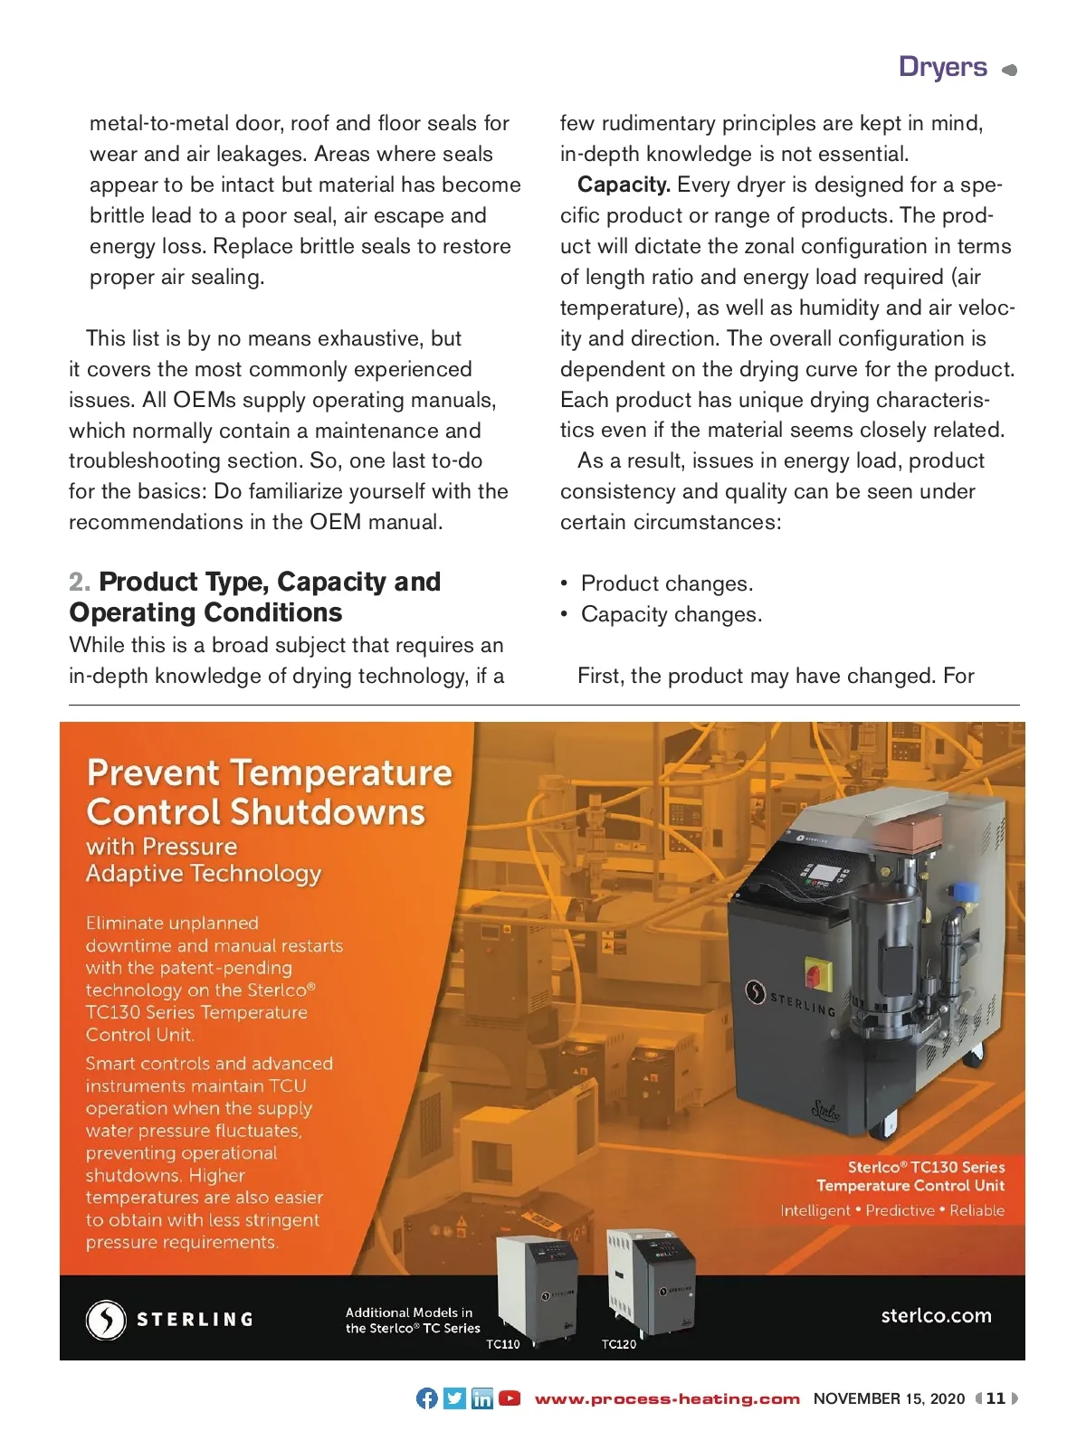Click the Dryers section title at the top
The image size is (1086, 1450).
click(943, 67)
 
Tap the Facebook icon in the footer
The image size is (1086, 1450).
click(426, 1398)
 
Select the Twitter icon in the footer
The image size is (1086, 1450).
click(454, 1398)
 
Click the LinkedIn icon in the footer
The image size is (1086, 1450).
click(482, 1398)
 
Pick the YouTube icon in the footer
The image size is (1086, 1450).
click(510, 1398)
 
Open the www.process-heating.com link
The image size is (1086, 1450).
click(667, 1398)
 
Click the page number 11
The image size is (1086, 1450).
click(995, 1398)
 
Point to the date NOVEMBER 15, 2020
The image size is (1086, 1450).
click(889, 1398)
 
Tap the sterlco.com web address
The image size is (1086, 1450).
click(936, 1315)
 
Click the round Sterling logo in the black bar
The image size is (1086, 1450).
click(106, 1319)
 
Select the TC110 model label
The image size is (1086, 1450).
click(503, 1344)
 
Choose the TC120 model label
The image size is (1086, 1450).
click(619, 1344)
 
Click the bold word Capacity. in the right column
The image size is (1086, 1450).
click(624, 185)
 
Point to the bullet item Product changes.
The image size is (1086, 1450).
click(667, 583)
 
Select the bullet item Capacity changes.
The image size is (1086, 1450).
click(672, 614)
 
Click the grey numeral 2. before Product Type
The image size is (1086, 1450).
click(80, 582)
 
